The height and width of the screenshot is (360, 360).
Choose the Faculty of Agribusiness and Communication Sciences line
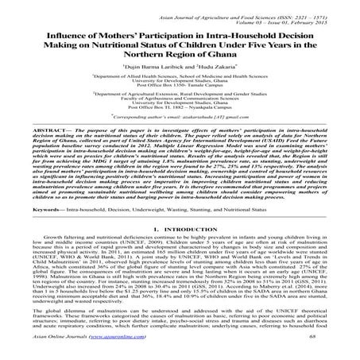[180, 112]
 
